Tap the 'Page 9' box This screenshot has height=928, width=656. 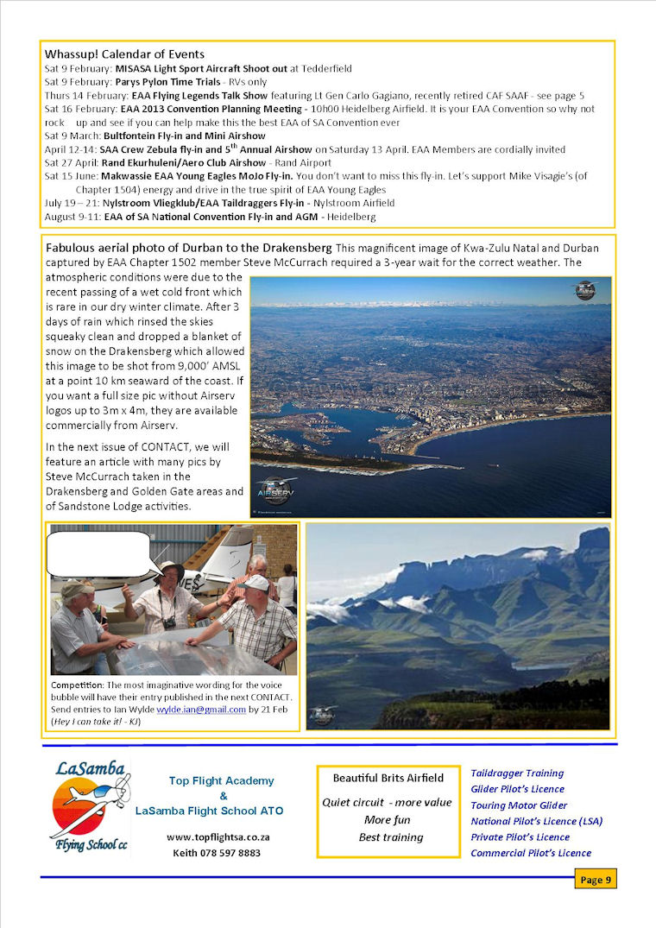click(x=596, y=880)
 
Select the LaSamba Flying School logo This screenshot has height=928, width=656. click(x=90, y=807)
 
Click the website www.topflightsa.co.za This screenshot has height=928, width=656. click(x=218, y=837)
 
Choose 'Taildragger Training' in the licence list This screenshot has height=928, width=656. click(x=517, y=773)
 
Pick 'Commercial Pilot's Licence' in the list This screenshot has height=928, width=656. click(x=531, y=853)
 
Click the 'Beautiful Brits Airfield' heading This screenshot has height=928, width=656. click(x=388, y=778)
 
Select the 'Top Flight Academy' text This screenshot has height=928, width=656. click(x=222, y=780)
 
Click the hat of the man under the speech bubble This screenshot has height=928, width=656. click(x=169, y=569)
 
